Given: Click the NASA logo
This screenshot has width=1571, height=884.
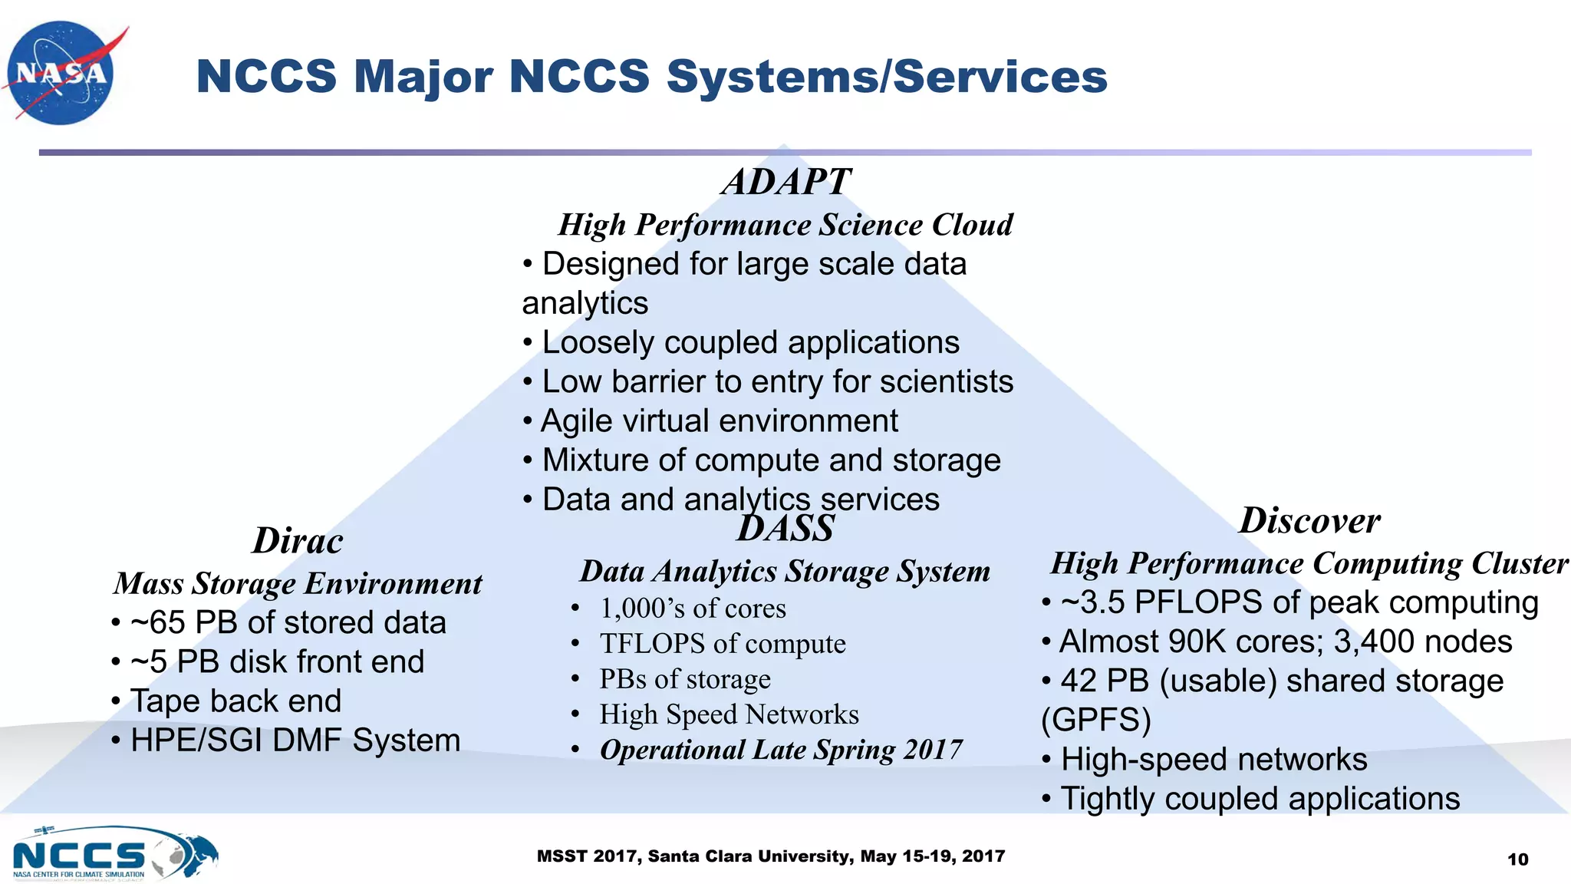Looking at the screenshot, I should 61,73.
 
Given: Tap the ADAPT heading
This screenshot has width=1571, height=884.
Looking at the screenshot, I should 785,183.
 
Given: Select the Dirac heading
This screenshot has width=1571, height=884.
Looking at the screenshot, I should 298,541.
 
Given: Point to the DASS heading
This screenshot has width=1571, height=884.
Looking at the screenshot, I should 785,529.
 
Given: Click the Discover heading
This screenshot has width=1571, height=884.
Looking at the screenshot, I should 1309,521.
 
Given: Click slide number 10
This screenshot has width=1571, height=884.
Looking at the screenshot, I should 1517,859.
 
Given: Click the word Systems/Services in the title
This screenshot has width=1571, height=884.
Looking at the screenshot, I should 886,77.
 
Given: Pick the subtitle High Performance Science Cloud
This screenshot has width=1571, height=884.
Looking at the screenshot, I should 785,225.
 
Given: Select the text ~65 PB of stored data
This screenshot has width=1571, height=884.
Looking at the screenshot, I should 288,622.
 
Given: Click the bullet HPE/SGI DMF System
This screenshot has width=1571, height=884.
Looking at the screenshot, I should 295,741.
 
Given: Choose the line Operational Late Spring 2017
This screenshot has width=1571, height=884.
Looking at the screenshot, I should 781,750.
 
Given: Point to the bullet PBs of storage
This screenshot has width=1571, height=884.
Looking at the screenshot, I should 684,679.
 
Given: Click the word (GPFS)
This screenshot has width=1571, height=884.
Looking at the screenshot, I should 1095,721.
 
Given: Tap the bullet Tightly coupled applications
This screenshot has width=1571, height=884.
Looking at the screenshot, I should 1260,799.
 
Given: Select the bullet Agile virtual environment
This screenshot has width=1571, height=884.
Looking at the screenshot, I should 719,421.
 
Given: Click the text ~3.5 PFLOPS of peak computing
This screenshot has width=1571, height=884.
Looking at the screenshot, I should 1299,602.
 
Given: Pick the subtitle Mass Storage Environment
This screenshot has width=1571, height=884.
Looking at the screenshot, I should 298,584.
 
